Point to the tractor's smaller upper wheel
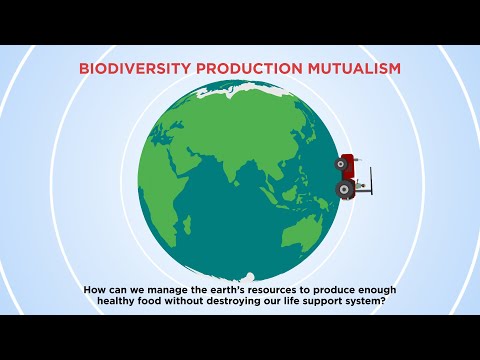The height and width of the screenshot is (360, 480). [343, 162]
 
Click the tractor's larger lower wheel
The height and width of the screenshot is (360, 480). [346, 188]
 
